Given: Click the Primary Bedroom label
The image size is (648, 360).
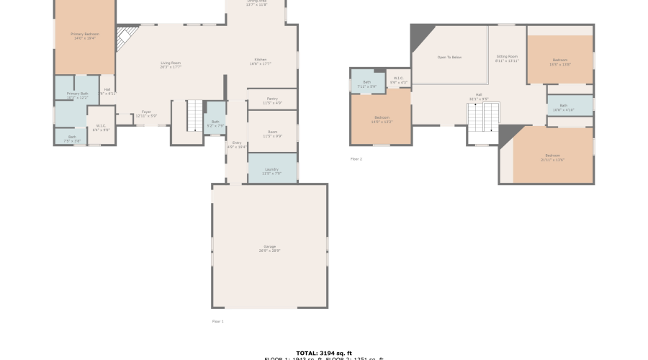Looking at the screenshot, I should pos(85,35).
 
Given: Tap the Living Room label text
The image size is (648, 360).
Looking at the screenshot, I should pos(171,65).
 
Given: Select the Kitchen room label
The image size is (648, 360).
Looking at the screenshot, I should pos(261,60).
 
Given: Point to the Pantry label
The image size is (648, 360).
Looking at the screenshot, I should pos(271,100).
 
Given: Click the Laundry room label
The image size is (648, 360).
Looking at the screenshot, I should pos(271,171).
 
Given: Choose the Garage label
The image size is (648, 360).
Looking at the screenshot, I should pos(269,248).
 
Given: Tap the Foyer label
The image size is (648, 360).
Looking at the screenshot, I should pos(146,113).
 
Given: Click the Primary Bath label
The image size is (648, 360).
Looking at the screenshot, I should pos(77,95).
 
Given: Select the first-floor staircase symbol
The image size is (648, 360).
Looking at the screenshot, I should pos(195,116).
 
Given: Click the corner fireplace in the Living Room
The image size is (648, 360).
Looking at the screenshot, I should pos(126,37).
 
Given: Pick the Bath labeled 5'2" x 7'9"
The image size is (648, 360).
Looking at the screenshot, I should pos(215,123).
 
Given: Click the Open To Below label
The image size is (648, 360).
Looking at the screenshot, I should pos(449,57).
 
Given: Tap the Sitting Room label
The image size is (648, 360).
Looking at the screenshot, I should pos(507,58).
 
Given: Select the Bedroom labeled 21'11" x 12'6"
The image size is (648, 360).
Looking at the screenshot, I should pos(552,157).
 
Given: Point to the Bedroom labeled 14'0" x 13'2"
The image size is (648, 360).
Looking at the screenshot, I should pos(382,119).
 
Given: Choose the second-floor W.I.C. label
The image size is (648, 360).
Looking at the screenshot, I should pos(398,80).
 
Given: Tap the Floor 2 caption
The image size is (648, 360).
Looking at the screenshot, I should pos(356,158).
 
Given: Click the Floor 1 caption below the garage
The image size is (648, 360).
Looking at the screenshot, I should pos(218,321).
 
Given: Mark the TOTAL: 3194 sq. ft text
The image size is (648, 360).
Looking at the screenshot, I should pos(323,353).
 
